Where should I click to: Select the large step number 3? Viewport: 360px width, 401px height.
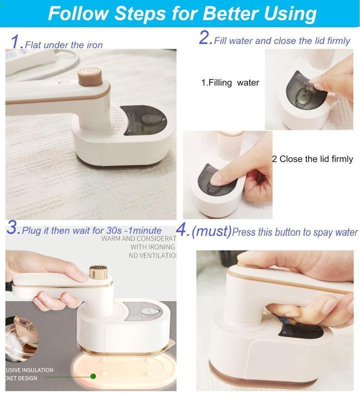pyautogui.click(x=13, y=229)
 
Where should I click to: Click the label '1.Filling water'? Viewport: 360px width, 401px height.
pyautogui.click(x=230, y=83)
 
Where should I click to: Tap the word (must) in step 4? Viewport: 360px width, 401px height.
pyautogui.click(x=212, y=232)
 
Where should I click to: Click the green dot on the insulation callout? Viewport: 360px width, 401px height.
pyautogui.click(x=93, y=376)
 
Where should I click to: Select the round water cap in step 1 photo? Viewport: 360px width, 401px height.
pyautogui.click(x=147, y=119)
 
